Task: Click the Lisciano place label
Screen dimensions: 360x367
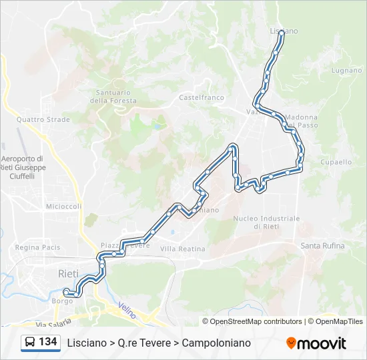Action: point(284,31)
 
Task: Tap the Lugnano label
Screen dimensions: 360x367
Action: point(346,70)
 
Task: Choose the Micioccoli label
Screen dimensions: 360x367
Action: point(63,207)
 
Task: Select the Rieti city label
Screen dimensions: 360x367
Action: point(68,274)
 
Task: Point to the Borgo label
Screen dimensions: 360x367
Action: point(62,301)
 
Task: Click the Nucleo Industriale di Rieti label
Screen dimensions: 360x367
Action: point(266,222)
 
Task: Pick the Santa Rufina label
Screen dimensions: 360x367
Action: point(322,246)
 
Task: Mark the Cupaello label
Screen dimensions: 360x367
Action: point(336,162)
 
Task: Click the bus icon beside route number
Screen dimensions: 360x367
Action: point(30,343)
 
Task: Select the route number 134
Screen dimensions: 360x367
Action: point(48,342)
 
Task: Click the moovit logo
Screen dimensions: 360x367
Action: point(316,343)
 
